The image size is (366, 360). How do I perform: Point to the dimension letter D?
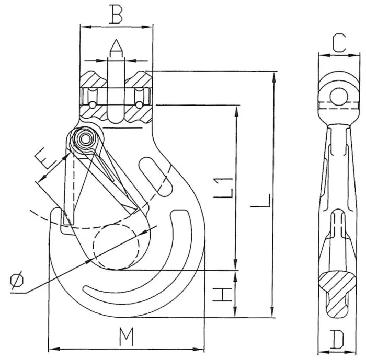tap(338, 341)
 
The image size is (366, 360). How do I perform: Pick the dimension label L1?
tap(224, 188)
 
